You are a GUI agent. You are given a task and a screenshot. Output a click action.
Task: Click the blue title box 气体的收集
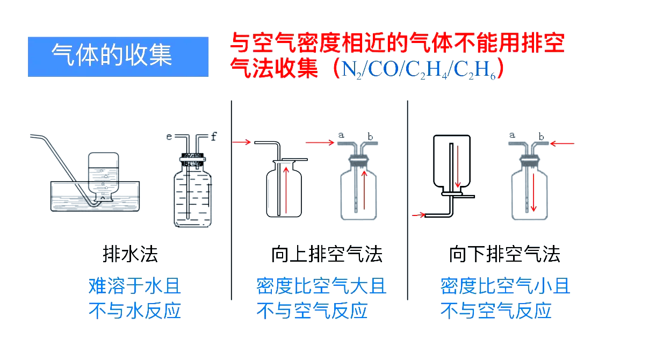pos(118,56)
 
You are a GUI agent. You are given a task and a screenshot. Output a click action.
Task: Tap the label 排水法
pos(131,254)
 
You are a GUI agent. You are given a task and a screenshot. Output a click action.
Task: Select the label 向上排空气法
pos(327,254)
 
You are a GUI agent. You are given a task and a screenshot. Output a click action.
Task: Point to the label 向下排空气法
pos(504,254)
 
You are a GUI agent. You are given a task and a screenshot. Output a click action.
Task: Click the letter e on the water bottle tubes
pos(169,137)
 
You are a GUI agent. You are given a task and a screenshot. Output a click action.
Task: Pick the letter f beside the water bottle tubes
pos(213,137)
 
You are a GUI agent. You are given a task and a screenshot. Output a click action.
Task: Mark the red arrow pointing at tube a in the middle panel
pos(320,142)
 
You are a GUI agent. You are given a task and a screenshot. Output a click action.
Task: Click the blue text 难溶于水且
pos(134,286)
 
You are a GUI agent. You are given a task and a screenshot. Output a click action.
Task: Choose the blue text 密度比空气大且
pos(321,286)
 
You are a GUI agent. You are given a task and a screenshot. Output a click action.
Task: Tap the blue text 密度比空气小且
pos(505,286)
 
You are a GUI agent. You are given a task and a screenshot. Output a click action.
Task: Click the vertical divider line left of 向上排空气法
pos(232,199)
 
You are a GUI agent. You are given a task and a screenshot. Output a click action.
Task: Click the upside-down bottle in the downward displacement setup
pos(451,161)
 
